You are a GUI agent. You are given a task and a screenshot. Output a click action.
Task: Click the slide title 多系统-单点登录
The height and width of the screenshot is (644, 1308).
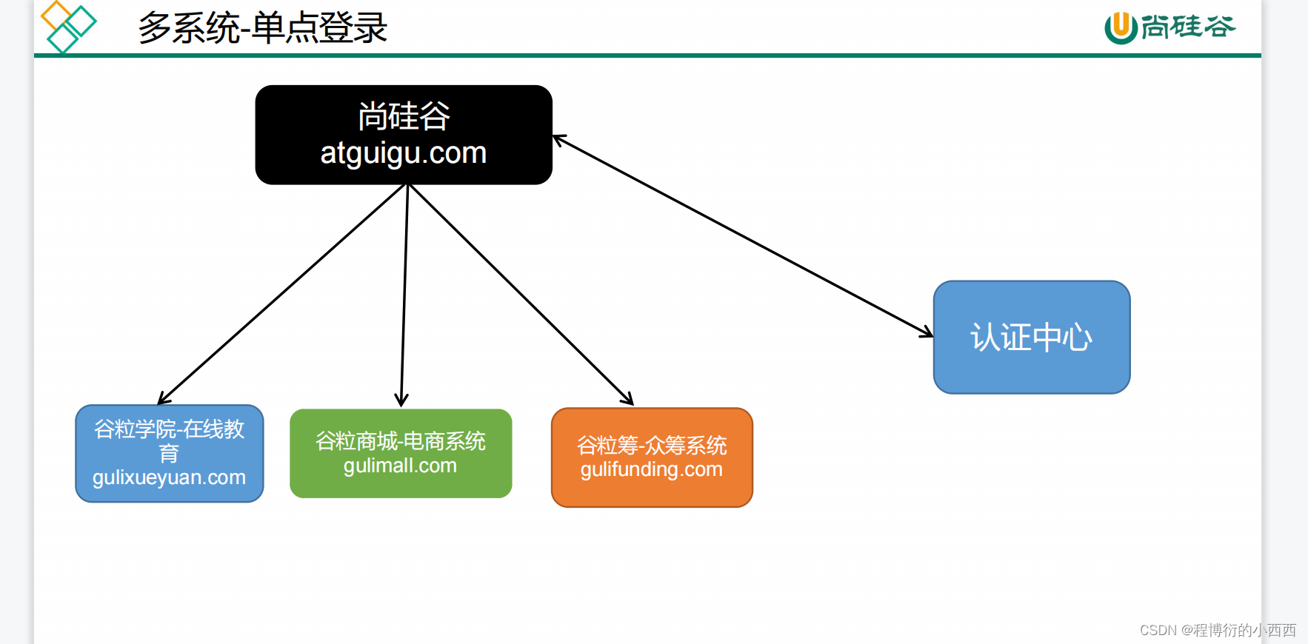click(x=262, y=28)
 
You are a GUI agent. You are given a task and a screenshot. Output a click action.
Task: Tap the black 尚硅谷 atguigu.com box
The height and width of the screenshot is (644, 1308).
click(x=404, y=135)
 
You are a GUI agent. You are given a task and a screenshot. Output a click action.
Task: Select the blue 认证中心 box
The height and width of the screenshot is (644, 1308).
click(x=1031, y=338)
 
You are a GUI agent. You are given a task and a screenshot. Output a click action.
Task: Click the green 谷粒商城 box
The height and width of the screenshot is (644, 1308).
click(x=401, y=453)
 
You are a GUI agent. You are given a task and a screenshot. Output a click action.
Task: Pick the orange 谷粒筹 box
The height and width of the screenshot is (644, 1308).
click(x=652, y=457)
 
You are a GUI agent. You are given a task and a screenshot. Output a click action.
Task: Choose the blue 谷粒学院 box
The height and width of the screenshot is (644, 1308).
click(x=170, y=453)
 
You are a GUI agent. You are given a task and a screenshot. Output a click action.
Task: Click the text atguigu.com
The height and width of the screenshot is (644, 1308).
click(x=404, y=153)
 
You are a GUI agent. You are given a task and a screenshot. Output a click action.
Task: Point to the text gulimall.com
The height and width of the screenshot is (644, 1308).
click(x=400, y=466)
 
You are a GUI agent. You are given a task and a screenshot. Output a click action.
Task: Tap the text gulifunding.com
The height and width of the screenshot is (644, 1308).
click(x=652, y=469)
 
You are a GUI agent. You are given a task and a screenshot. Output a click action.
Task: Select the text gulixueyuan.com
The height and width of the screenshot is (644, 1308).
click(x=170, y=477)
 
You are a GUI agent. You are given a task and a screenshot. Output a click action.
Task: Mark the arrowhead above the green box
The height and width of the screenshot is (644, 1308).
click(x=401, y=400)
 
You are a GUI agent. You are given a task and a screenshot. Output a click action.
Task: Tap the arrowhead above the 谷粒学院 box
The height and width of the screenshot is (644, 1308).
click(x=164, y=399)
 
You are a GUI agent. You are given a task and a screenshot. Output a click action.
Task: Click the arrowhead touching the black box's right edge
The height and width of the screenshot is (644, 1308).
click(x=559, y=139)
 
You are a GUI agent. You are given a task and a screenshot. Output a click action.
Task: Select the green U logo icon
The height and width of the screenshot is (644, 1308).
click(x=1121, y=27)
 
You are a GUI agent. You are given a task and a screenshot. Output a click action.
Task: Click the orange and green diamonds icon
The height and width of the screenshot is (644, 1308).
click(x=68, y=27)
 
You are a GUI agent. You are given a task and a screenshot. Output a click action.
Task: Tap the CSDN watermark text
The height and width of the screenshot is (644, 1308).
click(x=1218, y=630)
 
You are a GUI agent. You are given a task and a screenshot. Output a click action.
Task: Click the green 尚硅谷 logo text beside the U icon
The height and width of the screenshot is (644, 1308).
click(x=1188, y=27)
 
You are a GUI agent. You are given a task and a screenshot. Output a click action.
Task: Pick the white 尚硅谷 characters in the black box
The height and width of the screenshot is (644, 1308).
click(x=404, y=116)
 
